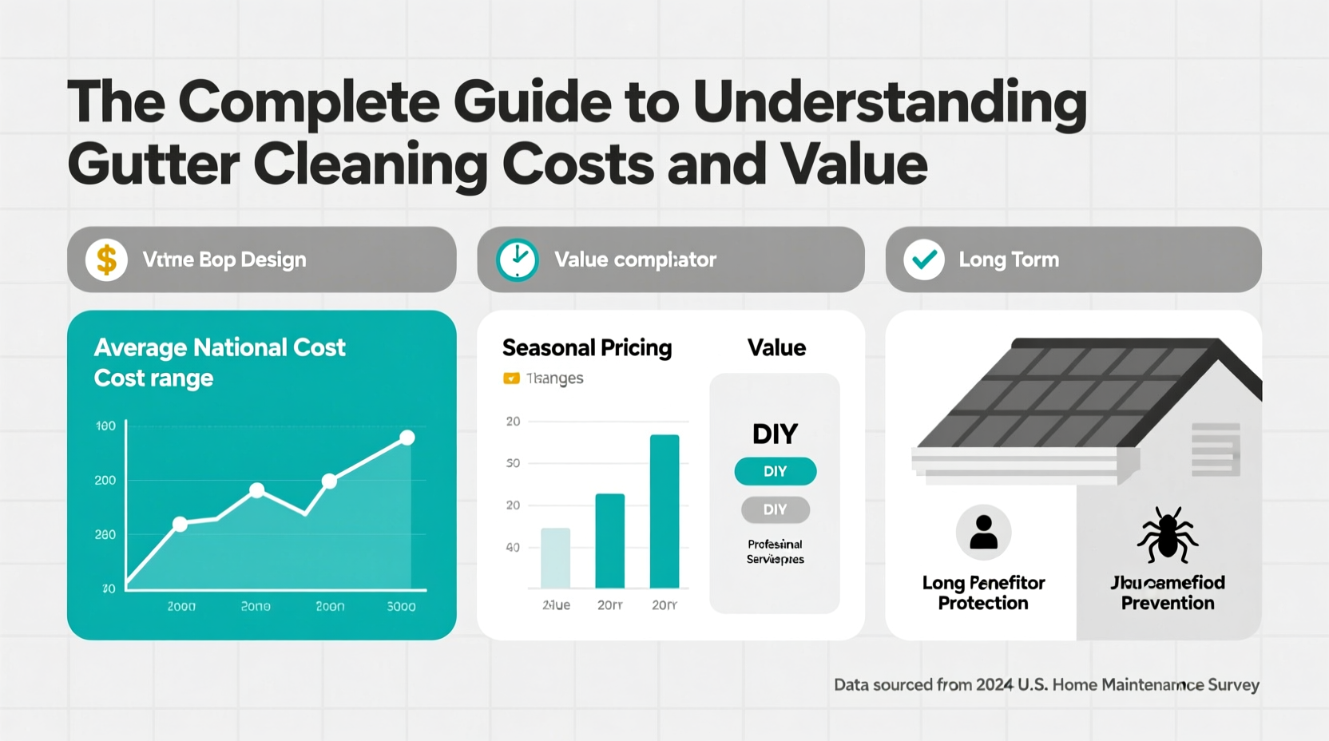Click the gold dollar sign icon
tap(106, 260)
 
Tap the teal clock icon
tap(518, 260)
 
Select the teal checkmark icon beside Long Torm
tap(924, 260)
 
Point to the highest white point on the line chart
tap(407, 438)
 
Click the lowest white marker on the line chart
tap(181, 524)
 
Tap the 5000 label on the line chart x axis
tap(401, 607)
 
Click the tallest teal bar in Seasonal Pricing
tap(664, 511)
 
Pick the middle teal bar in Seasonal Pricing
tap(610, 541)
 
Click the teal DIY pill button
tap(775, 471)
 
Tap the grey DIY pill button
tap(775, 509)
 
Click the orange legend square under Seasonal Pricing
tap(511, 378)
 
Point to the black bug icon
tap(1168, 535)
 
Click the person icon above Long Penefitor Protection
tap(983, 532)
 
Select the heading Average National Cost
tap(220, 347)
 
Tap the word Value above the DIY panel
tap(776, 347)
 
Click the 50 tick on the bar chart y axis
tap(513, 463)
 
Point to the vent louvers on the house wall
tap(1216, 449)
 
